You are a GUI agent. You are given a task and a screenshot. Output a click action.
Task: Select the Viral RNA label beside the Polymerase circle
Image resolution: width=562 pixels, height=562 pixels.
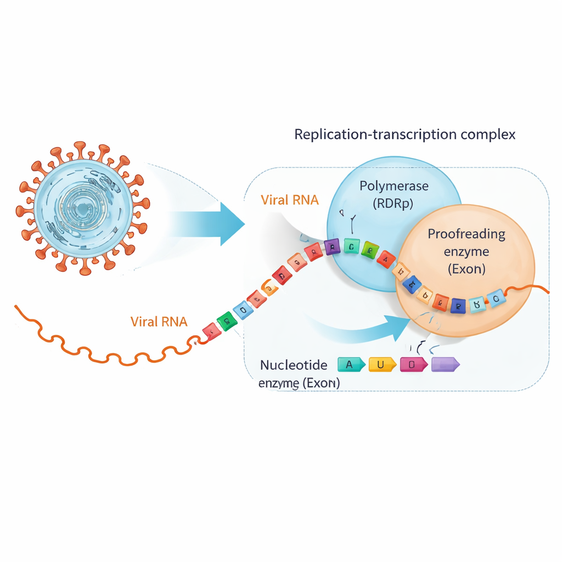click(x=289, y=200)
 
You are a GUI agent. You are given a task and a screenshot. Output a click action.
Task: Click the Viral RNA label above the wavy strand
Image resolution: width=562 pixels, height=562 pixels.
click(x=159, y=322)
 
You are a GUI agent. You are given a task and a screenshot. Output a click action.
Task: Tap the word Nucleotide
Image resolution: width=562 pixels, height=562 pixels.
click(x=294, y=365)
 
